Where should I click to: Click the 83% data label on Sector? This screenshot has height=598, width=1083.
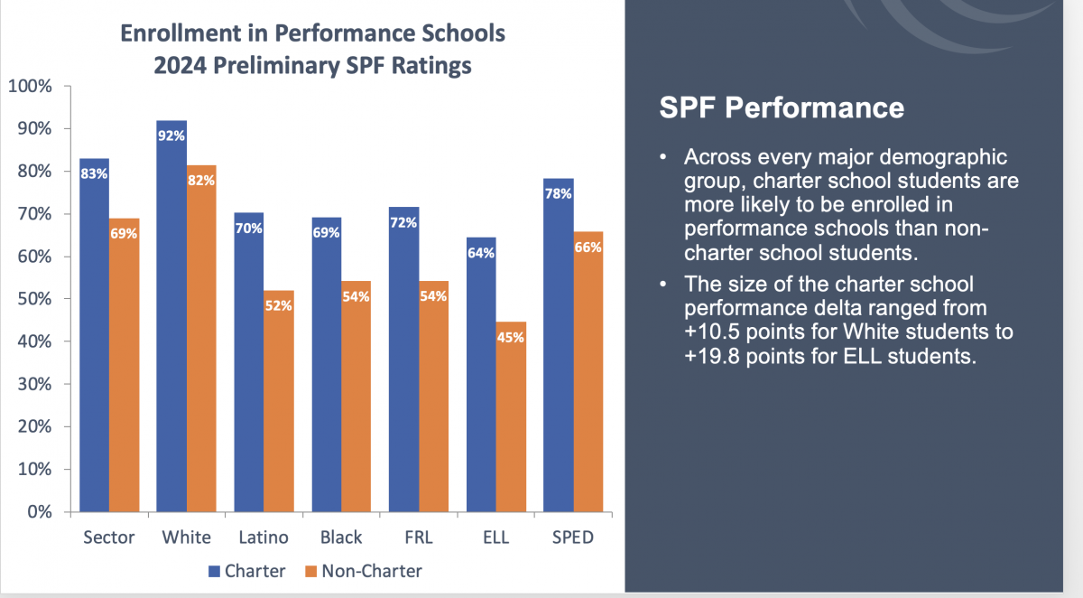[95, 173]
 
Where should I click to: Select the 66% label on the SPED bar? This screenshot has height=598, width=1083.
[588, 247]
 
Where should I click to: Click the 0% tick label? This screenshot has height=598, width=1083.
[39, 512]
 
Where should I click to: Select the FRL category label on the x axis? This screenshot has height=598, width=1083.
[419, 537]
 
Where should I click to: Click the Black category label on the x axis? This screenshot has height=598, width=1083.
[341, 537]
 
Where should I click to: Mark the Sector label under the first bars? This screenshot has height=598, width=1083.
[108, 537]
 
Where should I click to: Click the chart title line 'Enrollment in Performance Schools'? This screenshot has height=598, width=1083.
[313, 34]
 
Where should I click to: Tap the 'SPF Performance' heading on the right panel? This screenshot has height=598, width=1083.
[782, 108]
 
